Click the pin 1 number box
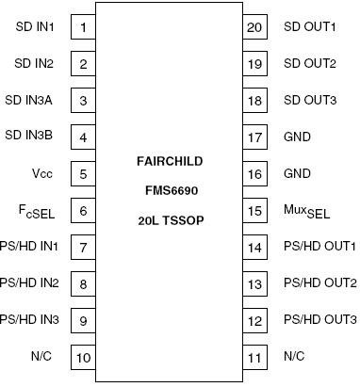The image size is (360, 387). click(x=84, y=27)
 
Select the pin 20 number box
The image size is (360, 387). click(x=254, y=27)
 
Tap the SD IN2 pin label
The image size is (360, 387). click(x=34, y=64)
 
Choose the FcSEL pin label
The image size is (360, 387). click(x=41, y=211)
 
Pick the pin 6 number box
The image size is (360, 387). click(x=84, y=211)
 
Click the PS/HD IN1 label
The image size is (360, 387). click(x=28, y=247)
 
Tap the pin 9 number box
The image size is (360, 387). click(x=84, y=320)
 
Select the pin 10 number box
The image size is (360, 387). click(x=84, y=357)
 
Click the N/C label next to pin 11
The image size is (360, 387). click(x=295, y=357)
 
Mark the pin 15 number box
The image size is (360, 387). click(x=254, y=211)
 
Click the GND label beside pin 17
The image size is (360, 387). click(x=297, y=137)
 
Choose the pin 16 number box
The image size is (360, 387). click(x=254, y=174)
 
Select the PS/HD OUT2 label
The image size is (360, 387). click(x=319, y=283)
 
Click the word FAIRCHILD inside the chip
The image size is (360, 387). click(x=168, y=161)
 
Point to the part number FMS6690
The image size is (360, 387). click(x=168, y=189)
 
